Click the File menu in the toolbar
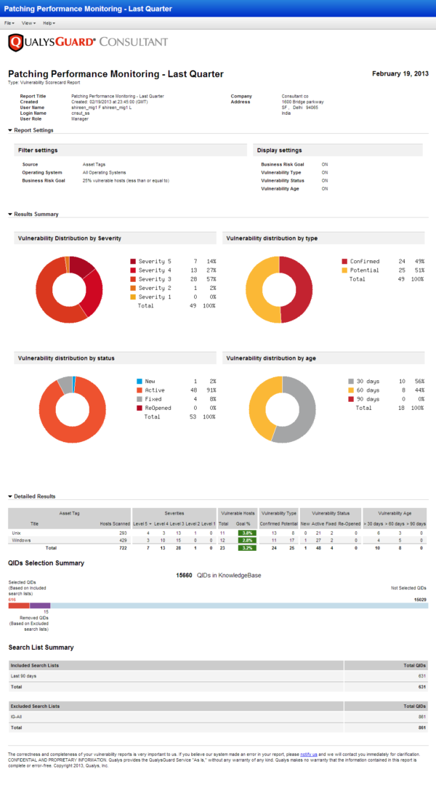[x=9, y=23]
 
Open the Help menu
[x=48, y=23]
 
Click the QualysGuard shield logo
[x=15, y=43]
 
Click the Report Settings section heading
[x=33, y=130]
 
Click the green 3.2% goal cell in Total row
[x=246, y=547]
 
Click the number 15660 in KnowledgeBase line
[x=184, y=574]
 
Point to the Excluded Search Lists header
[x=35, y=706]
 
